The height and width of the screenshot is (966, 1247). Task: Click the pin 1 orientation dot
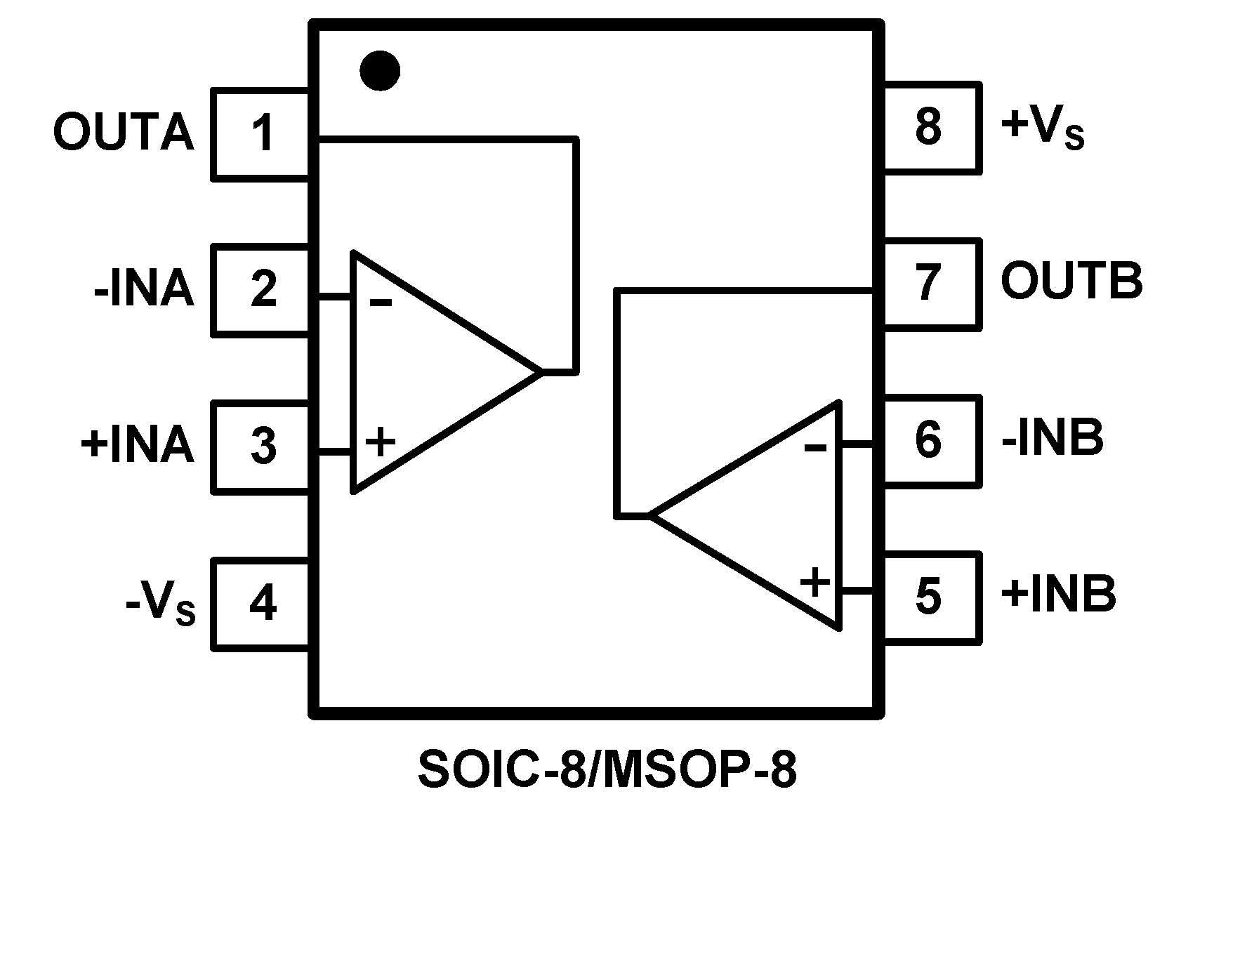[380, 71]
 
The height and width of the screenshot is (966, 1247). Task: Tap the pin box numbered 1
[262, 134]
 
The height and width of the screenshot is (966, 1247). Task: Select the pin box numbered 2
[262, 290]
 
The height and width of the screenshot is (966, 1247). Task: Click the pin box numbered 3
[262, 446]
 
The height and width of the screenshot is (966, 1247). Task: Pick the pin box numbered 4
[262, 603]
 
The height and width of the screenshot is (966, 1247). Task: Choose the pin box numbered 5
[929, 597]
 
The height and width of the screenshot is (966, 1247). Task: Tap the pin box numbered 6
[929, 440]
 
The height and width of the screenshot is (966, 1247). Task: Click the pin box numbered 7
[929, 284]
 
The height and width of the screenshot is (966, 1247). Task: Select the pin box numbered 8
[929, 127]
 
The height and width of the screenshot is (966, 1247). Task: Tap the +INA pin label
[137, 444]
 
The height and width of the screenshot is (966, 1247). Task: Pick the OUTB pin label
[1071, 281]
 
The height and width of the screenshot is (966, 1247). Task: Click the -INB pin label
[1052, 437]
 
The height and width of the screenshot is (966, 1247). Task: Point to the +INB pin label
[1058, 594]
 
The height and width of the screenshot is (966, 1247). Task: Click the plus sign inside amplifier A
[381, 443]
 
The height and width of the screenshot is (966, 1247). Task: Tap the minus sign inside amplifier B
[815, 446]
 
